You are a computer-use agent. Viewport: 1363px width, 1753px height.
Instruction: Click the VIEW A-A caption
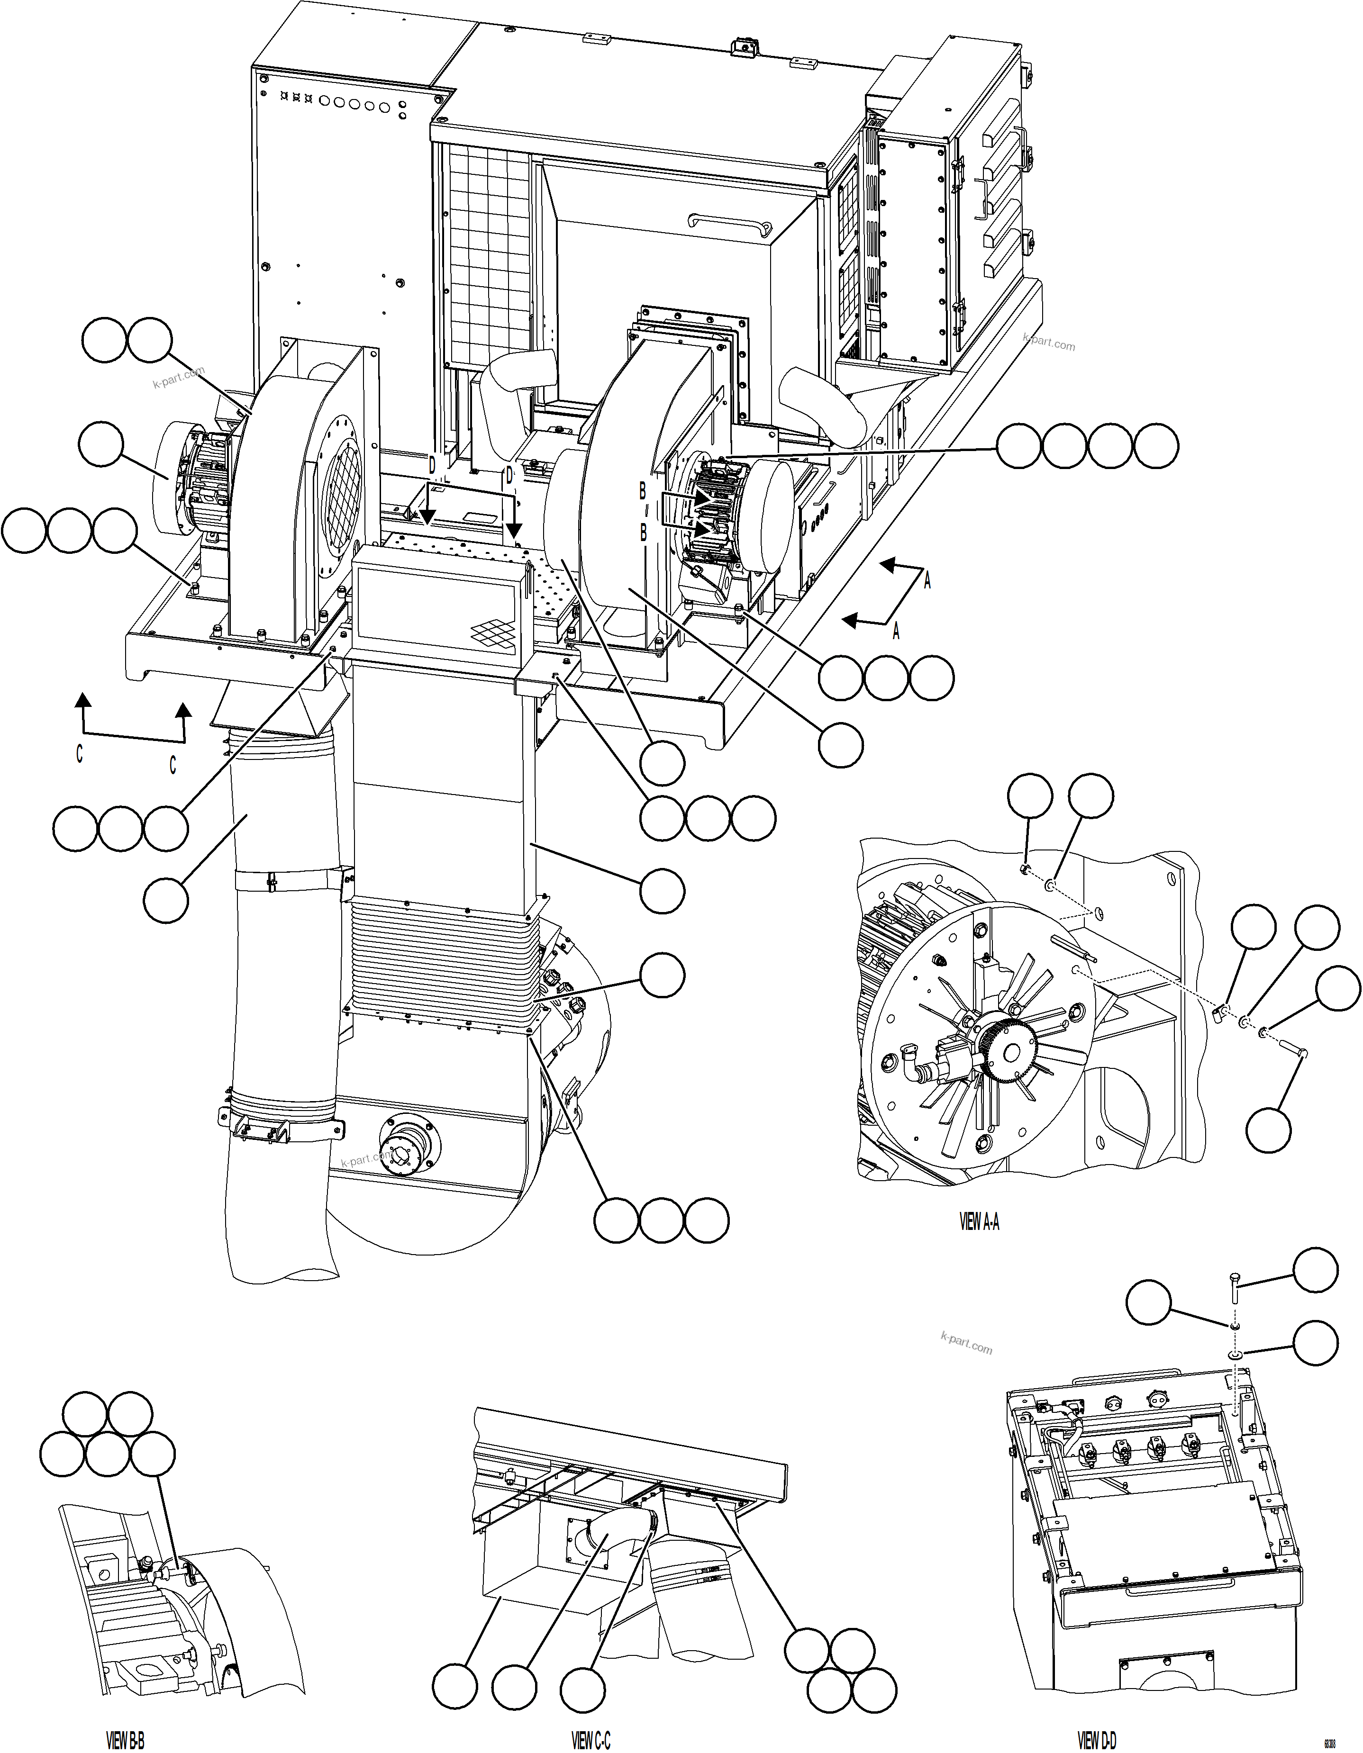click(979, 1222)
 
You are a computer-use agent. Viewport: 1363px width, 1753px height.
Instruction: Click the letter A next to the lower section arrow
click(897, 632)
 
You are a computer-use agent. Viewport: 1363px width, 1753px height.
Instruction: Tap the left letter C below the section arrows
click(80, 755)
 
